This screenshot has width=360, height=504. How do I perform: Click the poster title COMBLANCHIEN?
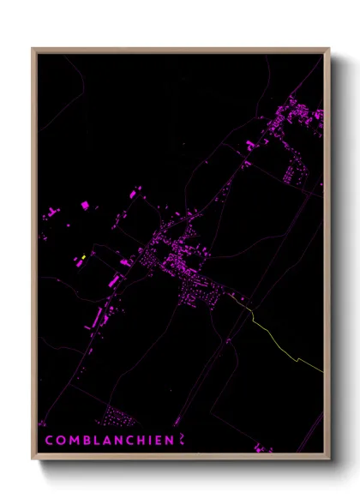tap(108, 440)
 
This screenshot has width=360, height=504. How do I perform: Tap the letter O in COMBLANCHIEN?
tap(60, 440)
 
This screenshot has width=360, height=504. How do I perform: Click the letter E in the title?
tap(157, 440)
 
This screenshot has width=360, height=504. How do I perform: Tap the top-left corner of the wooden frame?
tap(33, 49)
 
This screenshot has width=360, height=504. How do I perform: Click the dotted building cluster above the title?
tap(117, 417)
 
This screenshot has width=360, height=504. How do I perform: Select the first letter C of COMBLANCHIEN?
tap(49, 440)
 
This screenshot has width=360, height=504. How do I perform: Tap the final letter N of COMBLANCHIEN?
tap(169, 440)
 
